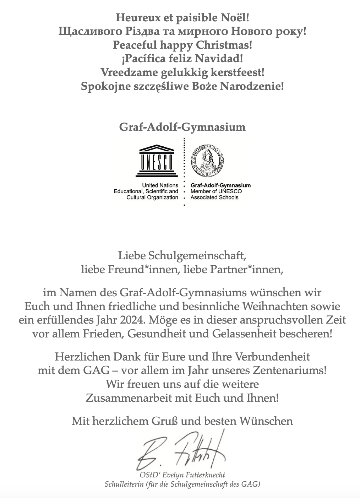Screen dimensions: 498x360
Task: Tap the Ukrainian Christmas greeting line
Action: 182,32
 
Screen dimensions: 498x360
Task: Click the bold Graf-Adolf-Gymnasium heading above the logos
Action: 182,127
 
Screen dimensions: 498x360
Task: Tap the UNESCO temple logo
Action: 157,161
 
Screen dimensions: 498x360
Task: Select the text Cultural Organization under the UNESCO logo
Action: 152,197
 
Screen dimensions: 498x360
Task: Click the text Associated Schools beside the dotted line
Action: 214,197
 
